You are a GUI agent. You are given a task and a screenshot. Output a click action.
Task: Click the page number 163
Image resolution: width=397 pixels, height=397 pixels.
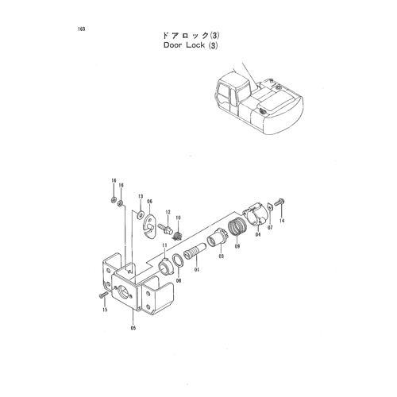[x=82, y=29]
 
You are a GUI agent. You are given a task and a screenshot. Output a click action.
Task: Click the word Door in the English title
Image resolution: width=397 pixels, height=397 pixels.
[x=173, y=45]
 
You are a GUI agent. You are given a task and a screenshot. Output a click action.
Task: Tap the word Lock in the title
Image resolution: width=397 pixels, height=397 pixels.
[x=195, y=45]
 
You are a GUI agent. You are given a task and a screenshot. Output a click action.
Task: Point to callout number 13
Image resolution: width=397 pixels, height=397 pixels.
[x=141, y=196]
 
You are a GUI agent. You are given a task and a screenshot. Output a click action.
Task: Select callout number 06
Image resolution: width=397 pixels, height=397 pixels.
[x=150, y=202]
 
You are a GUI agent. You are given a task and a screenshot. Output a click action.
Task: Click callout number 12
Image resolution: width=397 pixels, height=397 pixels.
[x=168, y=212]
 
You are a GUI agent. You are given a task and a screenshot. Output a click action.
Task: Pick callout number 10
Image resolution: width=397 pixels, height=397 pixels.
[x=178, y=218]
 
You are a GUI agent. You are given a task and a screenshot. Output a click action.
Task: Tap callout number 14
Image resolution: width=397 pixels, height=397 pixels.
[x=282, y=221]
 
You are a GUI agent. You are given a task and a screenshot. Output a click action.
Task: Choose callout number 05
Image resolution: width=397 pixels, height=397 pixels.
[x=133, y=328]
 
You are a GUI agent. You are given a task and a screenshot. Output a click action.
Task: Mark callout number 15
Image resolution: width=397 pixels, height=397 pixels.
[x=105, y=310]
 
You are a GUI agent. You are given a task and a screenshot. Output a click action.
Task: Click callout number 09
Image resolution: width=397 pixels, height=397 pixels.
[x=237, y=247]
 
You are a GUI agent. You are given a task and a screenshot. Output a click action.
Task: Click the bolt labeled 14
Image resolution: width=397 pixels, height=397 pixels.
[x=279, y=202]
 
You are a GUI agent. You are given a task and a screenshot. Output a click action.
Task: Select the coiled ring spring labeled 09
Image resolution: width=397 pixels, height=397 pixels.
[x=237, y=225]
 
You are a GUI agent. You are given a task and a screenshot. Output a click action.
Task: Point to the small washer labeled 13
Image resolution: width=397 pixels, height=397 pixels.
[x=140, y=214]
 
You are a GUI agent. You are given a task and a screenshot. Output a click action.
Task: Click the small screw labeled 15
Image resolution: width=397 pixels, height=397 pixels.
[x=102, y=295]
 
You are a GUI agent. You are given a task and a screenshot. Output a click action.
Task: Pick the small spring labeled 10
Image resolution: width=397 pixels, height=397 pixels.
[x=178, y=235]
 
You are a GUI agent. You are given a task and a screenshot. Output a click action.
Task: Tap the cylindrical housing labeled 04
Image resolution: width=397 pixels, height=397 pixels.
[x=256, y=215]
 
